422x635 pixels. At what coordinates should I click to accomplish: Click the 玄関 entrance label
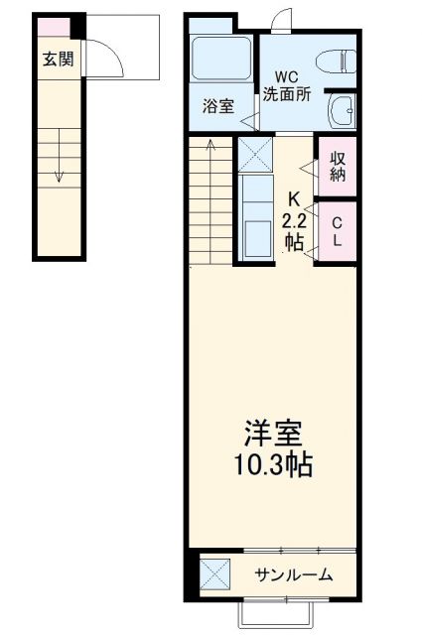(x=58, y=60)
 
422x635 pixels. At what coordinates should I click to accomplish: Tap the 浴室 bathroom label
(x=218, y=106)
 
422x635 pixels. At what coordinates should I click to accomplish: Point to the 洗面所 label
(x=285, y=94)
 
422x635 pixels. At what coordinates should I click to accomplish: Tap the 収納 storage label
(x=338, y=166)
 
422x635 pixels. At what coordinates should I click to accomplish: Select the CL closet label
(x=338, y=230)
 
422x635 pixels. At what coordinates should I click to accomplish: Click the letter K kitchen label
(x=294, y=196)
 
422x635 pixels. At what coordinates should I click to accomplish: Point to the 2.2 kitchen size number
(x=294, y=218)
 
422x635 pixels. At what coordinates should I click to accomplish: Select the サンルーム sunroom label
(x=293, y=574)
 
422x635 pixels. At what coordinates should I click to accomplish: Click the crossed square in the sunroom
(x=213, y=574)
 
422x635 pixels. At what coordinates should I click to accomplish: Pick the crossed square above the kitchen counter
(x=254, y=155)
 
